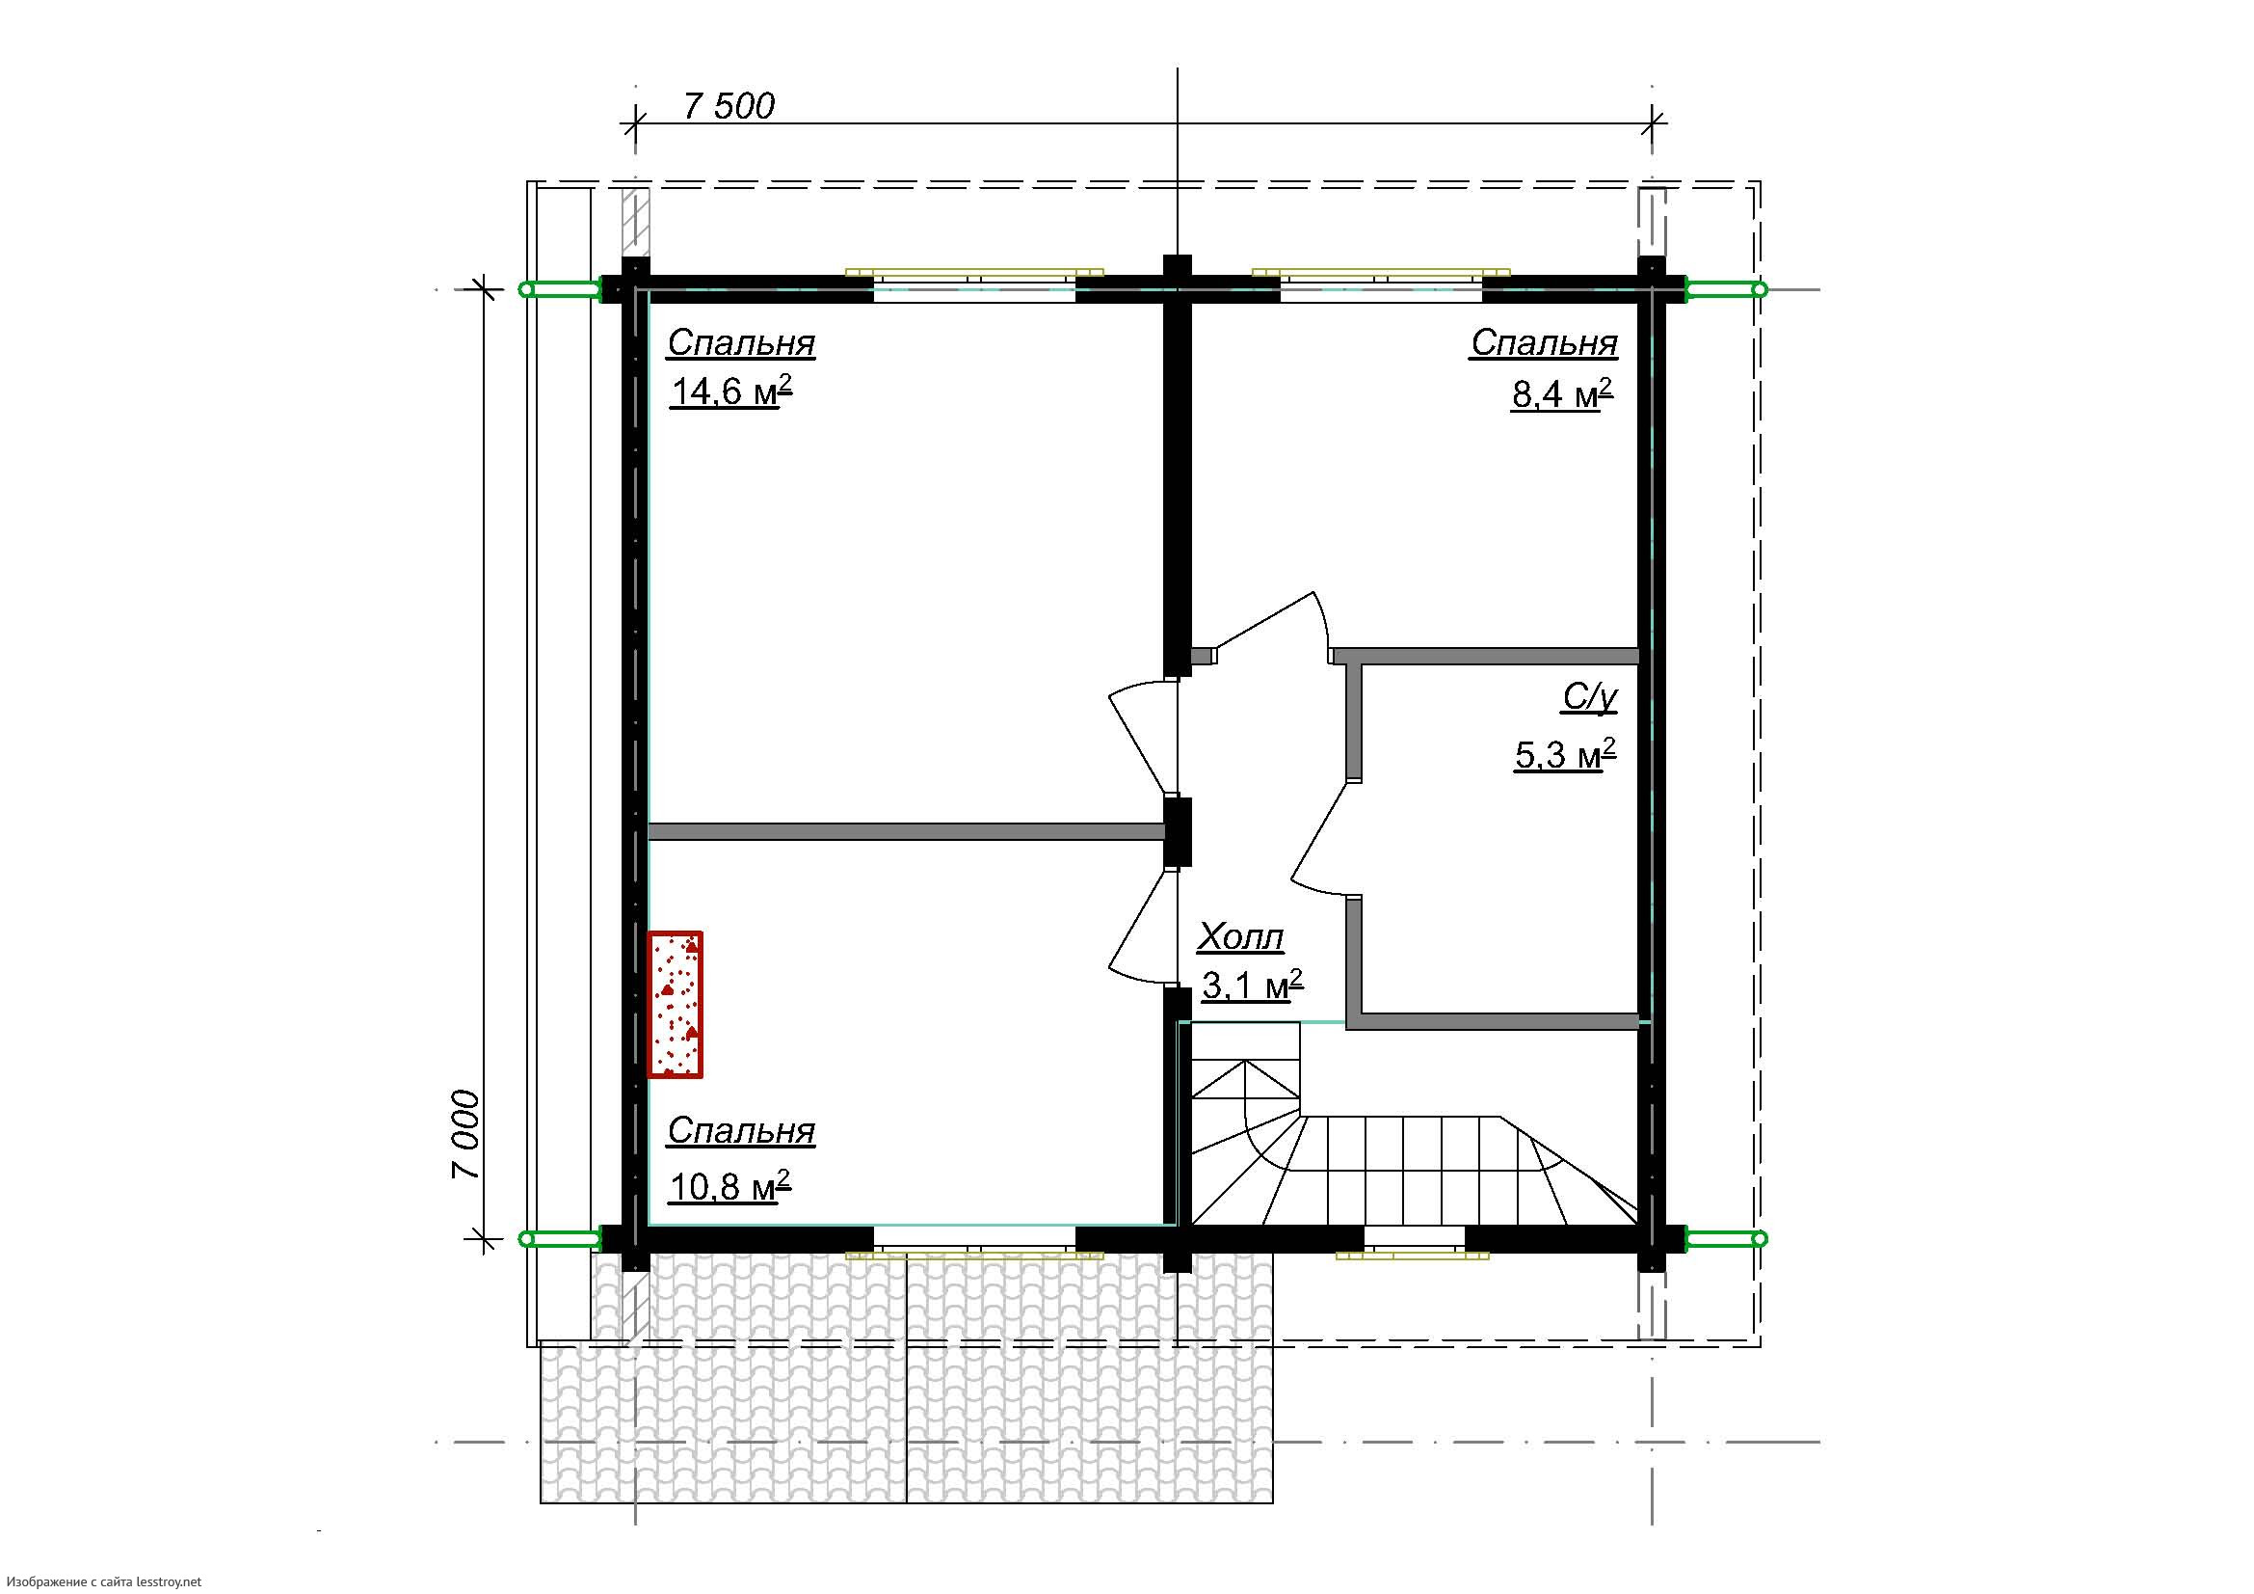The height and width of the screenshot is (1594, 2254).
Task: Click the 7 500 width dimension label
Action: pos(728,106)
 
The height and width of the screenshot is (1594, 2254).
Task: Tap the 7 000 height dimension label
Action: pos(466,1134)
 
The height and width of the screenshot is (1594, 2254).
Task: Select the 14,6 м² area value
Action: pos(731,392)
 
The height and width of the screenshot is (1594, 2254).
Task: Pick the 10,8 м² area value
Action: pos(730,1186)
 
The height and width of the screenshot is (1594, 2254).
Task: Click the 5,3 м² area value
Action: pos(1566,755)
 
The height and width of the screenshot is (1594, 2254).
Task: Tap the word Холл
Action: pos(1240,938)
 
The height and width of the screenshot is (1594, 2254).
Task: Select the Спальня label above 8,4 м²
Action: pos(1544,342)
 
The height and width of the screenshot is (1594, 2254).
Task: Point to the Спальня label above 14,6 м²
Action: pos(741,342)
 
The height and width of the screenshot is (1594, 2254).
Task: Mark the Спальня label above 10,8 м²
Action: pos(741,1130)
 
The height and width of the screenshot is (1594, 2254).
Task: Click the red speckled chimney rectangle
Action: pos(676,1004)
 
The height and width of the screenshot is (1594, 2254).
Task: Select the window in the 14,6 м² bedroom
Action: pos(975,284)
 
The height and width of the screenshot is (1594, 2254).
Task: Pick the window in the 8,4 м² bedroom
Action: pos(1381,284)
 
